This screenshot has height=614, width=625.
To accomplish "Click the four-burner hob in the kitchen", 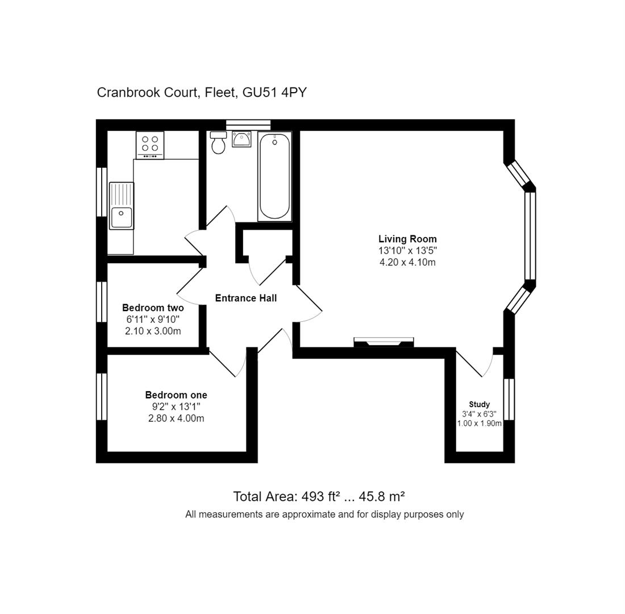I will click(x=150, y=145).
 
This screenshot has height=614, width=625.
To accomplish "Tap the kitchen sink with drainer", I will click(x=121, y=206).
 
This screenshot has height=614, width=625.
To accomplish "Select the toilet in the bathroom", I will click(x=218, y=143).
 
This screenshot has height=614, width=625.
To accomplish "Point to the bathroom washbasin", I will click(x=241, y=139).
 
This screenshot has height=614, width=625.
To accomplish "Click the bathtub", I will click(x=274, y=176).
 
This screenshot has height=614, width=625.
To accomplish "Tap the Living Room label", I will click(x=407, y=239).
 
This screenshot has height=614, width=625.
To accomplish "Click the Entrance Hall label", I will click(x=245, y=298).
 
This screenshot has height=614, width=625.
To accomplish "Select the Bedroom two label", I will click(x=153, y=308).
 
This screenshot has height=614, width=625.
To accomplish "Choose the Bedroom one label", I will click(x=176, y=395).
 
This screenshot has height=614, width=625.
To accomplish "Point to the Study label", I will click(x=479, y=404).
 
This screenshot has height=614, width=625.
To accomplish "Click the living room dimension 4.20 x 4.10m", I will click(x=407, y=262).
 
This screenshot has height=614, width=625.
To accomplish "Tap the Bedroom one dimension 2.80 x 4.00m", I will click(x=176, y=418).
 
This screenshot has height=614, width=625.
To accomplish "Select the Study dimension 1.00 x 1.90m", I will click(x=479, y=424).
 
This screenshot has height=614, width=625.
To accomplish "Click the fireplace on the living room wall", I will click(x=384, y=342).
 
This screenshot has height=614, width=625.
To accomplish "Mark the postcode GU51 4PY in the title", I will click(x=274, y=92).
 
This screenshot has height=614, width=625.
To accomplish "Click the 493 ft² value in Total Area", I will click(x=320, y=496).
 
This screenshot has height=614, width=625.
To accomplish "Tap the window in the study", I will click(x=509, y=399).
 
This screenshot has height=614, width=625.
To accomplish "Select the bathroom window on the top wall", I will click(x=248, y=125).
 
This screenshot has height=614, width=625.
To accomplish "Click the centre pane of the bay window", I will click(x=530, y=236).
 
